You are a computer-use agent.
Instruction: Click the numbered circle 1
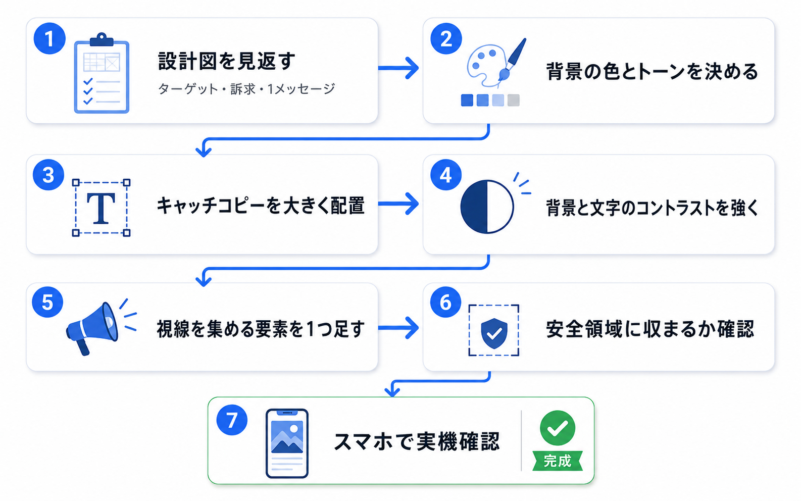click(x=49, y=38)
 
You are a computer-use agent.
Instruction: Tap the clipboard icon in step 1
click(x=102, y=73)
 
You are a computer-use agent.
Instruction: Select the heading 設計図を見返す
click(x=227, y=61)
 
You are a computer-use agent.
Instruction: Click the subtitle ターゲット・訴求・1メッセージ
click(x=246, y=89)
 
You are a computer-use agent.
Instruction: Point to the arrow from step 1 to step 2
click(x=398, y=68)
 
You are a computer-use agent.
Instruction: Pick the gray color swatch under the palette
click(x=514, y=100)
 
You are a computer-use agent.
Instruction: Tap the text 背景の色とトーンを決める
click(x=652, y=72)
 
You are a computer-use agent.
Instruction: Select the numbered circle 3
click(x=48, y=175)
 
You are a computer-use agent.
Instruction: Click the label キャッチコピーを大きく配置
click(x=261, y=206)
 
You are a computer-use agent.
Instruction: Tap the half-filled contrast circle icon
click(x=487, y=207)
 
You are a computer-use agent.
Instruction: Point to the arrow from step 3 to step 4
click(x=398, y=204)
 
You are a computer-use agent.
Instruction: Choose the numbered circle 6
click(x=445, y=302)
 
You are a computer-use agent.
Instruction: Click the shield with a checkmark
click(x=494, y=333)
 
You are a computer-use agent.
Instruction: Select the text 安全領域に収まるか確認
click(x=650, y=329)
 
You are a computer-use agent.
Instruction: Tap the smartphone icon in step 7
click(x=287, y=443)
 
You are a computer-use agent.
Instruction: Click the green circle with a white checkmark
click(x=558, y=428)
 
